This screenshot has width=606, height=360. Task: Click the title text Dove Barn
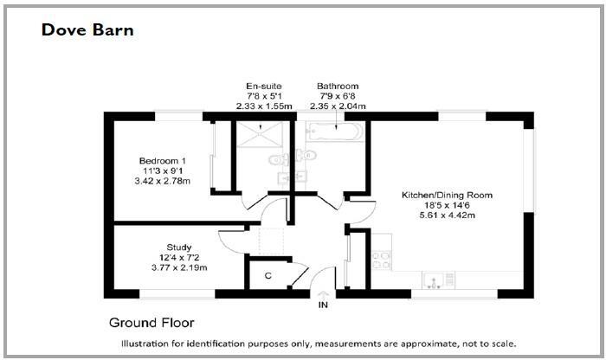(87, 31)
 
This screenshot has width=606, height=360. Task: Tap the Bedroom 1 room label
(163, 160)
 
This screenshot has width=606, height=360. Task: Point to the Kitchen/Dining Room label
(447, 196)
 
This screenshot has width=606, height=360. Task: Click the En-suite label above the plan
(265, 87)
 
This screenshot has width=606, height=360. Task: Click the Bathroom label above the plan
(337, 87)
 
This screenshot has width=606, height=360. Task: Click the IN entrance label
(324, 305)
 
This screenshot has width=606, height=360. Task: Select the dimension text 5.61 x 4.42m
(447, 215)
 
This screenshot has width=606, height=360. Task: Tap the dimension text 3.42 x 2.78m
(163, 181)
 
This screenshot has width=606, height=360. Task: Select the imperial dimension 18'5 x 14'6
(447, 206)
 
